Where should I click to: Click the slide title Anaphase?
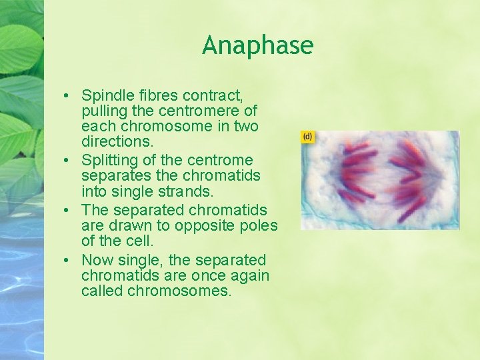257,45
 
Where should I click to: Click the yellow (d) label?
307,137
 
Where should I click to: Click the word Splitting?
107,160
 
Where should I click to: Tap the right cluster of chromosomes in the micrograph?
411,175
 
